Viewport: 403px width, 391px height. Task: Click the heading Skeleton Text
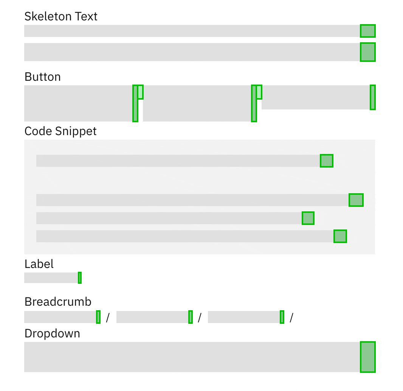(61, 16)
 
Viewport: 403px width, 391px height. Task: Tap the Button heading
(42, 77)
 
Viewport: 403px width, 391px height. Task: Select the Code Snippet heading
(60, 131)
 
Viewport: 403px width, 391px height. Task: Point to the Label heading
(39, 264)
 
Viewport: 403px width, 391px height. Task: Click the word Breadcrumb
(58, 302)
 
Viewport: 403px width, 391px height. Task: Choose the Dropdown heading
(52, 333)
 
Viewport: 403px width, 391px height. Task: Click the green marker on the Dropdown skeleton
(367, 357)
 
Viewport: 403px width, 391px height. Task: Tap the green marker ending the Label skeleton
(80, 278)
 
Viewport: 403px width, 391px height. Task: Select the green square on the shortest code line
(308, 218)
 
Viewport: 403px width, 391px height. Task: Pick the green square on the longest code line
(356, 200)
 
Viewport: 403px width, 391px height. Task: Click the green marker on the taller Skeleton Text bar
(367, 52)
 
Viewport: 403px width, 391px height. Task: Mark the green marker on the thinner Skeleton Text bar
(367, 31)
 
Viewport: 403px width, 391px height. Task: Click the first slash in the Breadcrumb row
(108, 318)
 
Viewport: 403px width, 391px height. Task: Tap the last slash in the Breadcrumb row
(291, 318)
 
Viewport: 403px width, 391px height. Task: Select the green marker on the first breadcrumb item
(98, 317)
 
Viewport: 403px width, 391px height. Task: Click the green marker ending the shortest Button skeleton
(372, 97)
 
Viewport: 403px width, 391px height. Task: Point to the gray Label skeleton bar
(51, 278)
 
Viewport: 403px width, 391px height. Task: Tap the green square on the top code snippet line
(326, 161)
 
